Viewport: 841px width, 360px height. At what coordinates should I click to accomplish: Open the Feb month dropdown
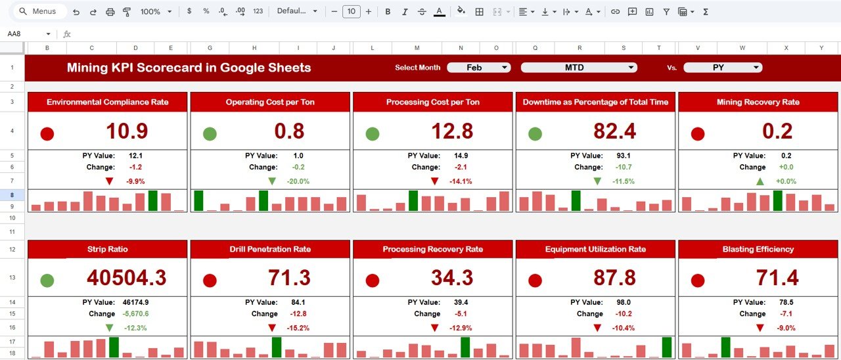coord(478,68)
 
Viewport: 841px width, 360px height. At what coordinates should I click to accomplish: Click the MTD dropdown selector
coord(579,68)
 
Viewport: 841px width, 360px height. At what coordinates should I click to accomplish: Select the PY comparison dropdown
coord(723,68)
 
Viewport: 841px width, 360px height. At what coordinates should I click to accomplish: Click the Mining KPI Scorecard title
coord(189,68)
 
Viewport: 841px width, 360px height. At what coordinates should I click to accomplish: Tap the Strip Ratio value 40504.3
coord(127,278)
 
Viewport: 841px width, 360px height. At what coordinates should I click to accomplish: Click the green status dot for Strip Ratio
coord(47,281)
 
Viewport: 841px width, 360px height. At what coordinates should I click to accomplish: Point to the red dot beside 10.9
coord(47,134)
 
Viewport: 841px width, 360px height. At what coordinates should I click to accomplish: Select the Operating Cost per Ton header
coord(270,102)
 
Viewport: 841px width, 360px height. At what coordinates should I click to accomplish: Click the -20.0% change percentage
coord(298,181)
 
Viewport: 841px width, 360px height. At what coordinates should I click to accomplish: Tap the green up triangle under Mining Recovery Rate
coord(760,181)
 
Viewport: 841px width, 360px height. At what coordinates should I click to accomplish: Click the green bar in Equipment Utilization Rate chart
coord(667,347)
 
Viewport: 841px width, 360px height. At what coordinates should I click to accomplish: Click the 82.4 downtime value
coord(614,131)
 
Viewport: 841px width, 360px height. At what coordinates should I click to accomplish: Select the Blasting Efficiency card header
coord(758,249)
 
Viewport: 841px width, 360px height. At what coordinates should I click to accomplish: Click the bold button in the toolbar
coord(388,12)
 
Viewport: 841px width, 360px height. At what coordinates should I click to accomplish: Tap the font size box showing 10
coord(352,12)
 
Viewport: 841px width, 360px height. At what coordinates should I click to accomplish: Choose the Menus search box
coord(39,12)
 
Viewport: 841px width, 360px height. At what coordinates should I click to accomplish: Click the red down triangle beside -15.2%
coord(272,328)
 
